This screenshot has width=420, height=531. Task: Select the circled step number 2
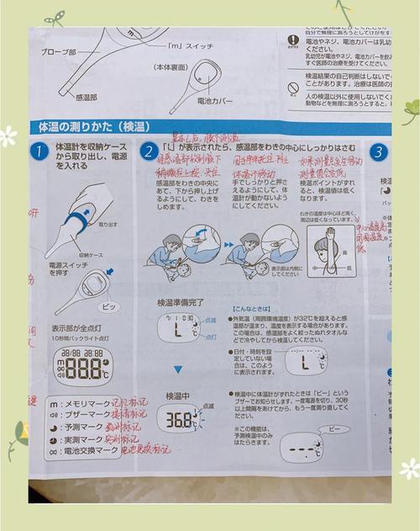(x=149, y=152)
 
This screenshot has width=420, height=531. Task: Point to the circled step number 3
(x=379, y=153)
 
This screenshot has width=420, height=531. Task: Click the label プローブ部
(x=60, y=51)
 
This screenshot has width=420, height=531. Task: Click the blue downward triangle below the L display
(x=177, y=369)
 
